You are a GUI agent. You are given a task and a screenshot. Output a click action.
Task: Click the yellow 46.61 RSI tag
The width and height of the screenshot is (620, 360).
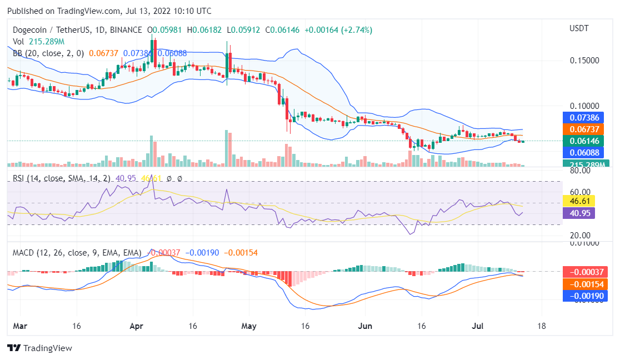pyautogui.click(x=579, y=201)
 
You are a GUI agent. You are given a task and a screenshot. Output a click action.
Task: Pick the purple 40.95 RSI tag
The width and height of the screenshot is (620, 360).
pyautogui.click(x=579, y=212)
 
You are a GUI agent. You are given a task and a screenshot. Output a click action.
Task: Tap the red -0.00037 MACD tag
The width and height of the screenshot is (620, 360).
pyautogui.click(x=584, y=272)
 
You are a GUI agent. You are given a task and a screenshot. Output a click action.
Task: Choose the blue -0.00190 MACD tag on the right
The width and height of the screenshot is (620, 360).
pyautogui.click(x=584, y=296)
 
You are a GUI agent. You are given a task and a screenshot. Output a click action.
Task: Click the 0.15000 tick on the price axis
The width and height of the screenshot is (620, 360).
pyautogui.click(x=585, y=60)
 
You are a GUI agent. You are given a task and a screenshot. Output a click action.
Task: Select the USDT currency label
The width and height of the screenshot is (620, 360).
pyautogui.click(x=579, y=28)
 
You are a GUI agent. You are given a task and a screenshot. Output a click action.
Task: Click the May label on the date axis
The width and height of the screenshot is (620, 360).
pyautogui.click(x=249, y=326)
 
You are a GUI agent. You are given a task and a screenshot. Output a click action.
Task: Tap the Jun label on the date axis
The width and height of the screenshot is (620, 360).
pyautogui.click(x=364, y=326)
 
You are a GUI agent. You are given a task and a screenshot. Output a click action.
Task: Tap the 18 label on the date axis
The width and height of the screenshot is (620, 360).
pyautogui.click(x=542, y=326)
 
